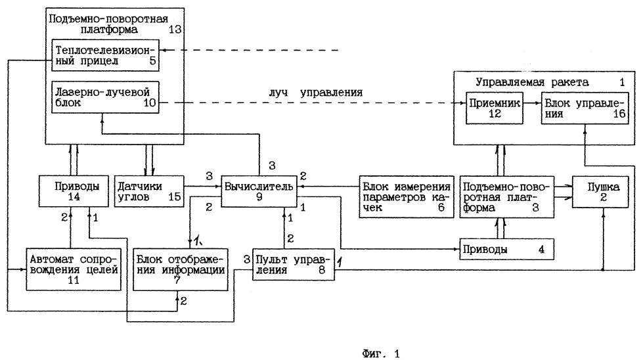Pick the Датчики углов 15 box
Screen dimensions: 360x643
coord(148,191)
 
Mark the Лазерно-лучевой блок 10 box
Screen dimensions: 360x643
coord(105,96)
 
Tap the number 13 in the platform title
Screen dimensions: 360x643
coord(174,30)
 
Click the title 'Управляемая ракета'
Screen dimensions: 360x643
coord(532,82)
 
